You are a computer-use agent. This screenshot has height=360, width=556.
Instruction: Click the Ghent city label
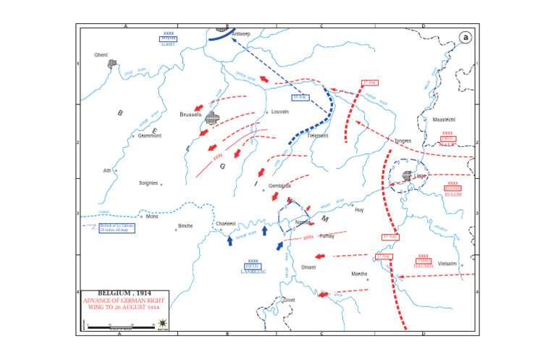(101, 54)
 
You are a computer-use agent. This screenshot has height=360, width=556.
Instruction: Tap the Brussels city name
(190, 114)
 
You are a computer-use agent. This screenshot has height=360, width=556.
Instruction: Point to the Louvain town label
(280, 112)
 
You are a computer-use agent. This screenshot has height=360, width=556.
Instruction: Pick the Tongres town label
(403, 141)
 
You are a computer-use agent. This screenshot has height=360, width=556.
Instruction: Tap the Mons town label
(152, 217)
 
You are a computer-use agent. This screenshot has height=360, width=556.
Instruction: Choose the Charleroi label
(227, 224)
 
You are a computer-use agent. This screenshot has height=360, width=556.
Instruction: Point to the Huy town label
(358, 208)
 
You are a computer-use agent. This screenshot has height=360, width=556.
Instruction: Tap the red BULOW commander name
(453, 195)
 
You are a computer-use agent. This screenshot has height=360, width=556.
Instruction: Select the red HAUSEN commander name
(424, 266)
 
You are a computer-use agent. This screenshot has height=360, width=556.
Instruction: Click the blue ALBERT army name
(169, 43)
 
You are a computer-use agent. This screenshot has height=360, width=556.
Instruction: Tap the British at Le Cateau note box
(117, 228)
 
